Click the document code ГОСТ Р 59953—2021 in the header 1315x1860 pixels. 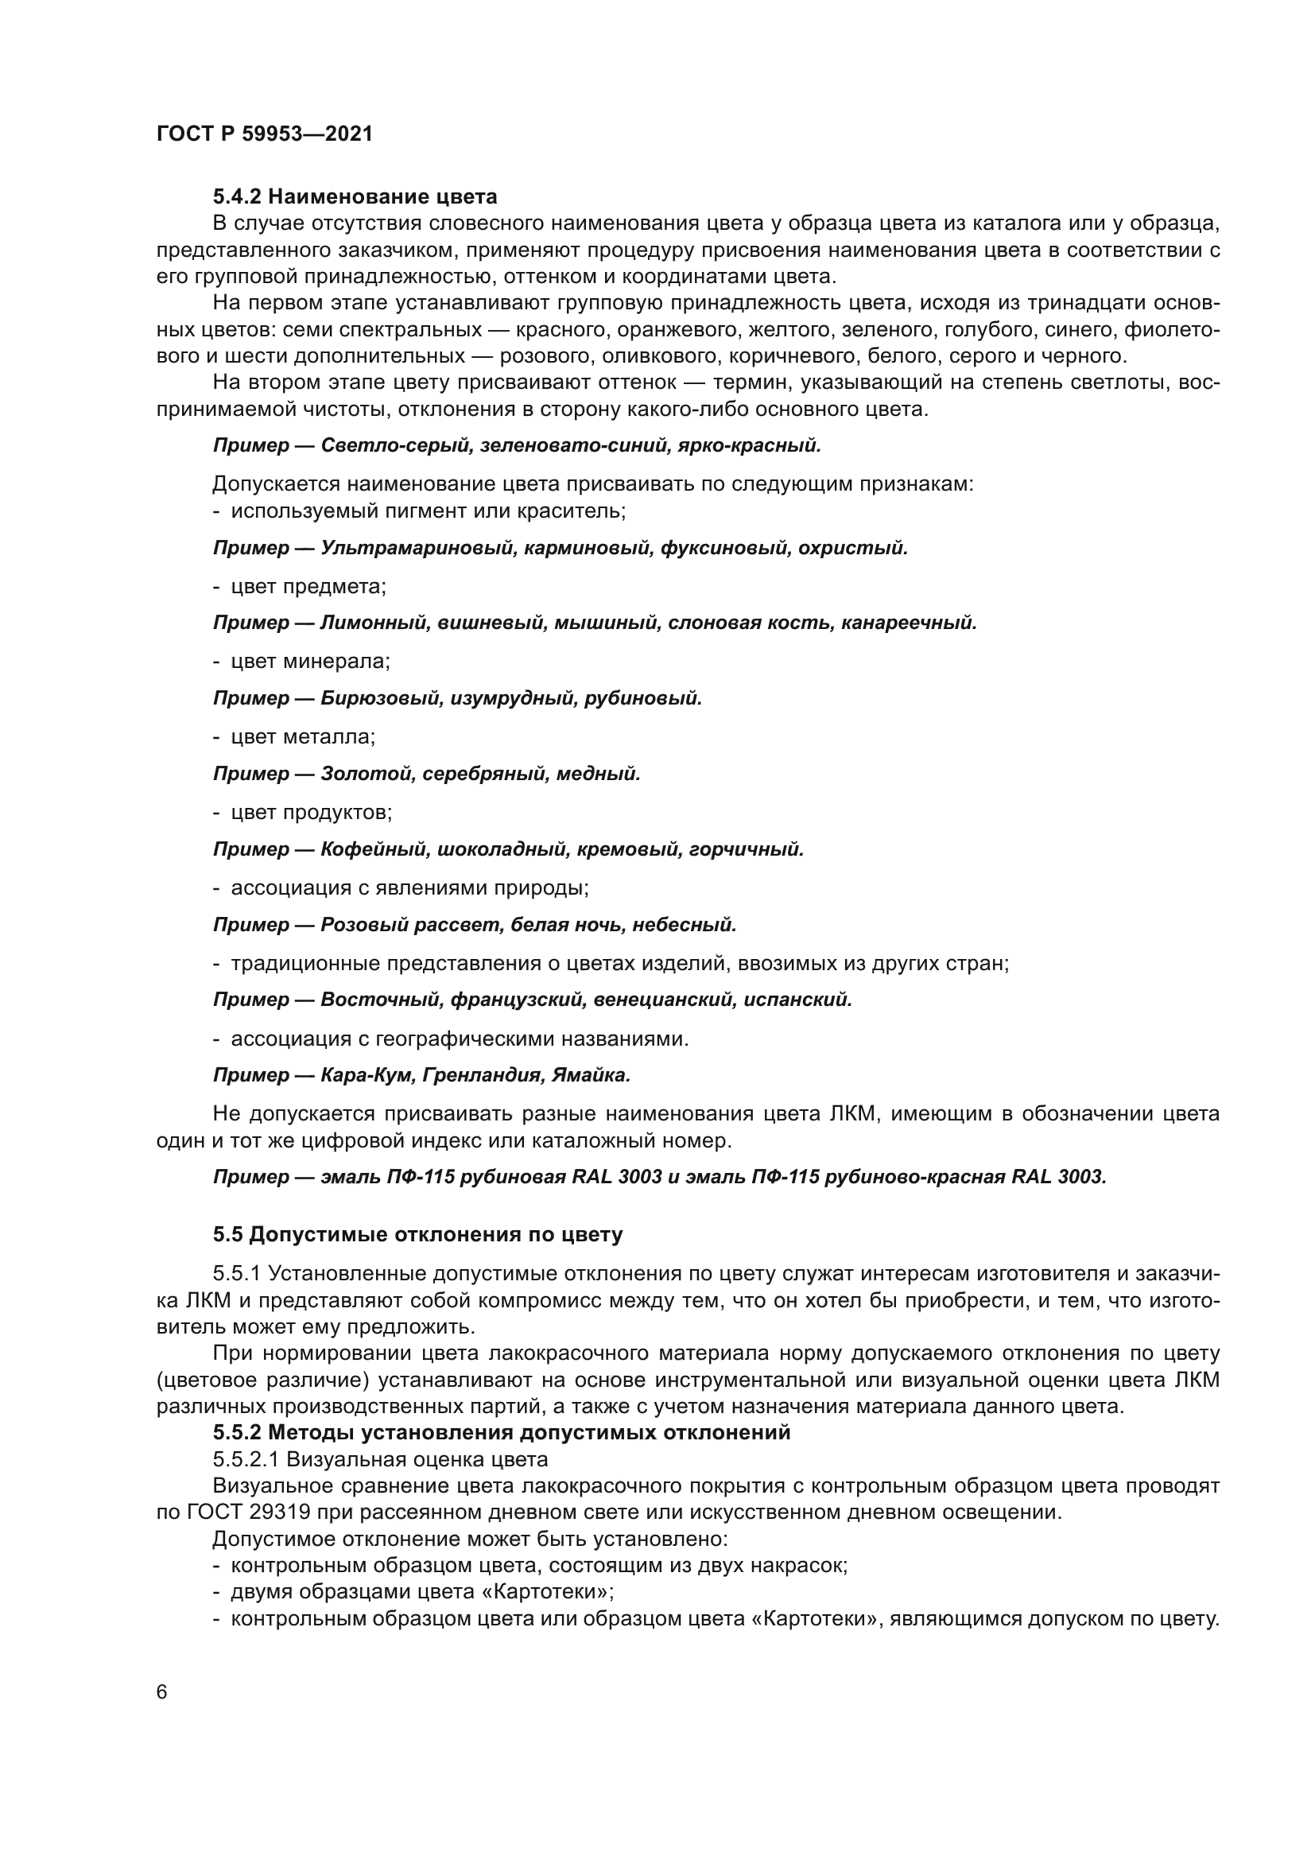264,134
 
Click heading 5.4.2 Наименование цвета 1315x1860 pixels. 355,197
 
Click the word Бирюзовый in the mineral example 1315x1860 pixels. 380,698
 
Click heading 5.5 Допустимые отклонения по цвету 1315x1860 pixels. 418,1235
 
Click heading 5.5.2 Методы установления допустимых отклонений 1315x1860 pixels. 501,1432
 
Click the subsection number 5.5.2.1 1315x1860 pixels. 246,1460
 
